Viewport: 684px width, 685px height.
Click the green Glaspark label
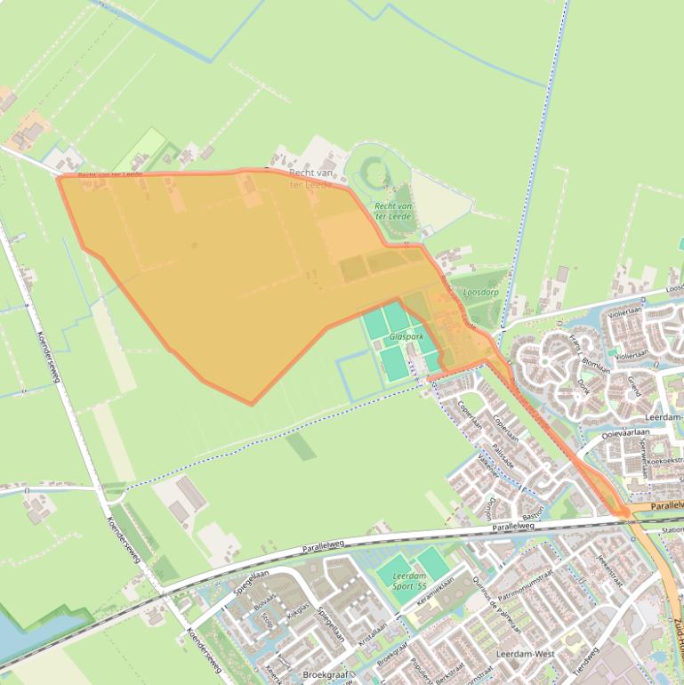point(406,338)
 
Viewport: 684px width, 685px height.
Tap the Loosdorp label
point(480,292)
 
